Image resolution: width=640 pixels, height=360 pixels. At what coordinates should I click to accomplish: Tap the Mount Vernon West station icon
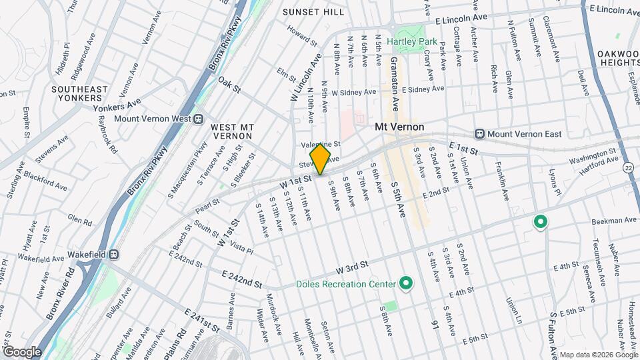pos(198,119)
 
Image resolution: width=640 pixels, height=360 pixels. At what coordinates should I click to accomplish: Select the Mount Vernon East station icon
pos(479,134)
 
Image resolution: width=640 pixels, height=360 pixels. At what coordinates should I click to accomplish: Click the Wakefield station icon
pos(114,254)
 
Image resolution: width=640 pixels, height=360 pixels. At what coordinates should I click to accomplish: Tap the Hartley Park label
pos(412,41)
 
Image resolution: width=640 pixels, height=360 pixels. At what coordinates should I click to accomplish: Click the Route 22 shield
pos(629,168)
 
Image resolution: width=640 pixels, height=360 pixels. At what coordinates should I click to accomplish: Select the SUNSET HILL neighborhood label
pos(313,12)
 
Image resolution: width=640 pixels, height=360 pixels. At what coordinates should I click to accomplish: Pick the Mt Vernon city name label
pos(399,126)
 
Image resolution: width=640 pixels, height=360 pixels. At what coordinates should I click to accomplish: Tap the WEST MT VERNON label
pos(231,131)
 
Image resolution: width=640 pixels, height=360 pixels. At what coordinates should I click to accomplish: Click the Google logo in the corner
pos(22,352)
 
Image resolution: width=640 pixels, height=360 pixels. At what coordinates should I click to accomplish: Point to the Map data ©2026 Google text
pos(598,355)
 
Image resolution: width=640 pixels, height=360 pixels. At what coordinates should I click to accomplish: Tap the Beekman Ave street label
pos(611,220)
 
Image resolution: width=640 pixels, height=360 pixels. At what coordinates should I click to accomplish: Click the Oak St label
pos(228,83)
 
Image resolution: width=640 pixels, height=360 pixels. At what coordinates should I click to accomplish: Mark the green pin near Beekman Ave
pos(539,221)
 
